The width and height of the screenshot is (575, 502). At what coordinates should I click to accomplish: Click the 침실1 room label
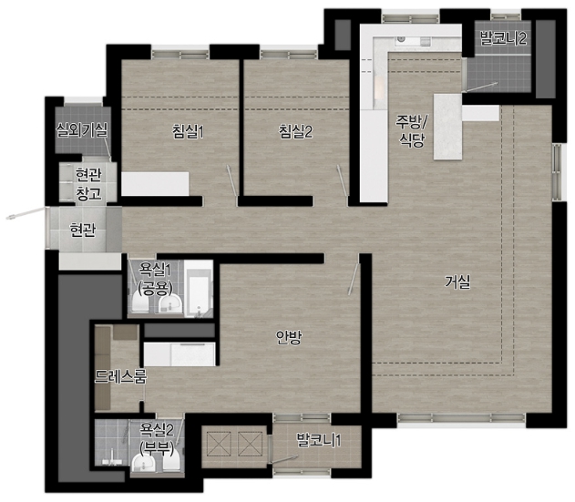pos(188,132)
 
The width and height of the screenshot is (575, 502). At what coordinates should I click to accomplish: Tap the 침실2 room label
pos(295,132)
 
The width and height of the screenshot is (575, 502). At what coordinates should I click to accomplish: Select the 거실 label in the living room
pos(457,282)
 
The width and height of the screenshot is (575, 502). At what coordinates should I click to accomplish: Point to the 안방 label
pos(289,337)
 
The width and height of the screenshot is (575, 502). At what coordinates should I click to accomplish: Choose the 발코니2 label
pos(504,38)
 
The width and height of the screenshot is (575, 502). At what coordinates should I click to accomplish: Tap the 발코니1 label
pos(319,440)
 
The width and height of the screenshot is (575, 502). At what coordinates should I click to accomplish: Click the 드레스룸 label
pos(120,376)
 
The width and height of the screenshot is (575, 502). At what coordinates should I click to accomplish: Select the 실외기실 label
pos(81,129)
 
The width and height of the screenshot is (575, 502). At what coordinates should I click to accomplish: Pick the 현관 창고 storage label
pos(88,184)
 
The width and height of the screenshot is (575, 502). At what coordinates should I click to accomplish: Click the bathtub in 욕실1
pos(199,288)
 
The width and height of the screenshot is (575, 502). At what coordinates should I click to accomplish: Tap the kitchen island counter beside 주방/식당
pos(447,127)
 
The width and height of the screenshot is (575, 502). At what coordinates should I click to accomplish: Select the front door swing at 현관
pos(27,213)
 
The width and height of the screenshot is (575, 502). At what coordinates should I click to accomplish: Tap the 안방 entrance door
pos(354,274)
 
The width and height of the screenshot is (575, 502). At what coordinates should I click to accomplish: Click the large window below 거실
pos(462,419)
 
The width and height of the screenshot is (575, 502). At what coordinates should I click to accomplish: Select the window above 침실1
pos(180,53)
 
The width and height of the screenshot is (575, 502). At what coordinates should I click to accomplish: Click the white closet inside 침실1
pos(155,183)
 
